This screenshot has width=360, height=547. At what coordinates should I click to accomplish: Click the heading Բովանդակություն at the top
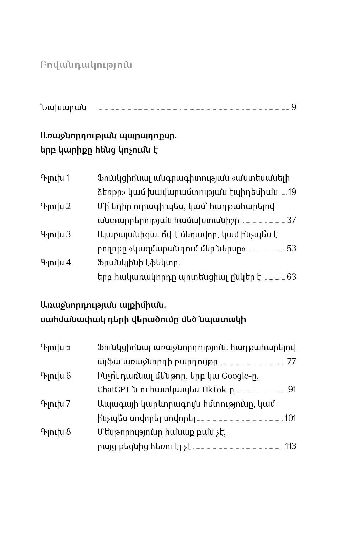(x=86, y=65)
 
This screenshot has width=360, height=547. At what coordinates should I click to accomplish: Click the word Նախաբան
(x=63, y=107)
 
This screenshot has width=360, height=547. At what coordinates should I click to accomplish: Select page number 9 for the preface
(x=294, y=107)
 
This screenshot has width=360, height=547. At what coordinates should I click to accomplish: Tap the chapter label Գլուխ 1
(x=55, y=178)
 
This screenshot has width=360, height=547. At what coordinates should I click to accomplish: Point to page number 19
(x=292, y=192)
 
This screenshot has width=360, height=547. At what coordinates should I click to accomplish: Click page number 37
(x=291, y=220)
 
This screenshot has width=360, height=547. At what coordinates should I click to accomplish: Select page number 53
(x=291, y=249)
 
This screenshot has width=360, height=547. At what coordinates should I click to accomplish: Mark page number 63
(x=291, y=277)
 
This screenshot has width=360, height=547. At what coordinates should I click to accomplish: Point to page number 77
(x=291, y=362)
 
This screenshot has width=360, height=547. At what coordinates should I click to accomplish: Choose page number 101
(x=290, y=418)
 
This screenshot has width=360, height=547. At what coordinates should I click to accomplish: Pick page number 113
(x=291, y=446)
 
